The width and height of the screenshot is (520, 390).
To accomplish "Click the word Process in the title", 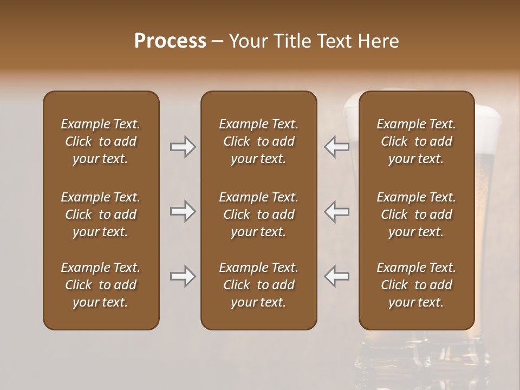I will click(x=170, y=41).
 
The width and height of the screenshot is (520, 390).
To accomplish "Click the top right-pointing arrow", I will click(x=183, y=147).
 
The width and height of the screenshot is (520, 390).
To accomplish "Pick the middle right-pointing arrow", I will click(x=183, y=211).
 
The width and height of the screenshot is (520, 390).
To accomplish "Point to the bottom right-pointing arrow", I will click(x=183, y=276).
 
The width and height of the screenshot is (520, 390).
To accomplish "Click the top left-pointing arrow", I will click(x=337, y=147).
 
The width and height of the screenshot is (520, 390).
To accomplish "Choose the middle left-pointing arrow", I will click(x=337, y=211).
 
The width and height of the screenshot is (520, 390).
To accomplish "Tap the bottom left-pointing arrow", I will click(x=337, y=276).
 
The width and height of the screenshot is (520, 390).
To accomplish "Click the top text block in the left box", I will click(x=101, y=141).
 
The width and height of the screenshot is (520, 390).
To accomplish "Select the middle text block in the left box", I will click(x=101, y=214).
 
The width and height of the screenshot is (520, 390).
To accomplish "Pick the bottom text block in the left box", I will click(x=101, y=285).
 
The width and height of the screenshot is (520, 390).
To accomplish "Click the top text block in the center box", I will click(x=258, y=141).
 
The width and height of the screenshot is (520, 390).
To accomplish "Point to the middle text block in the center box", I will click(x=258, y=214).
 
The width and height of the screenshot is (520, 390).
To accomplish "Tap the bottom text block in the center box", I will click(x=258, y=285).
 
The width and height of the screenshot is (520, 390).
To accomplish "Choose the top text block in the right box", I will click(x=417, y=141).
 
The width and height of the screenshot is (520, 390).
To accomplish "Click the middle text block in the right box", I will click(x=417, y=214).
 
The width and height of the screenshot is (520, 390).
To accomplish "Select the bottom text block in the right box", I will click(x=417, y=285).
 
